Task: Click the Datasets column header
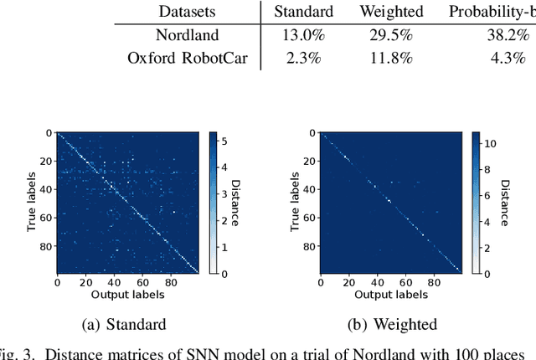(x=188, y=13)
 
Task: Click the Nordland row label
(x=188, y=35)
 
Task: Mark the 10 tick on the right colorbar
(x=489, y=143)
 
